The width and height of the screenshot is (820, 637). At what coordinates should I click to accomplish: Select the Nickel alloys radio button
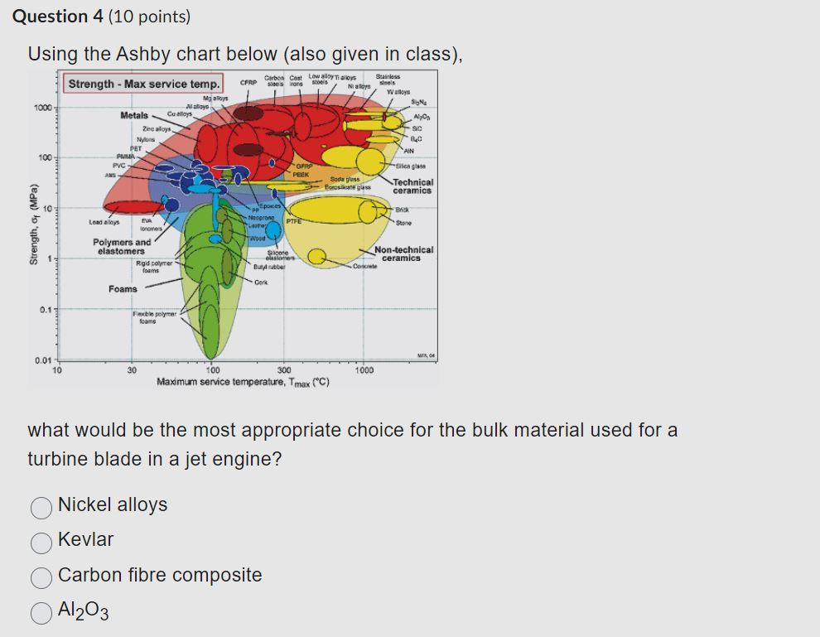coord(42,506)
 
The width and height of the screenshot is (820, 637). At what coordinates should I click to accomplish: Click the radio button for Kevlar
coord(42,541)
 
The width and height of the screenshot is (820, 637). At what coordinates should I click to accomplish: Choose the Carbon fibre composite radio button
coord(42,577)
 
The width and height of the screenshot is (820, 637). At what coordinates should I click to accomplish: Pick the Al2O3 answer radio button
coord(42,611)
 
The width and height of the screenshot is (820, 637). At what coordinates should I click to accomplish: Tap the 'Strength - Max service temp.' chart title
coord(144,84)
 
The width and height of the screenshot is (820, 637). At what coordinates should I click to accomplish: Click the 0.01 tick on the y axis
coord(44,360)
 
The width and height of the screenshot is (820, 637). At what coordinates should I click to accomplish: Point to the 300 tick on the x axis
coord(283,370)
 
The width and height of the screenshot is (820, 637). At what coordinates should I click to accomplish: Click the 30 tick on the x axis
coord(131,370)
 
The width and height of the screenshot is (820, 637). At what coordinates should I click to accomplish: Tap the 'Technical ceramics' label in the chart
coord(412,186)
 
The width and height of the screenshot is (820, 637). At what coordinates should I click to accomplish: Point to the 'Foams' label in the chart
coord(123,288)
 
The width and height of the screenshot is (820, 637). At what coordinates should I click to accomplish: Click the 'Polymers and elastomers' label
coord(122,246)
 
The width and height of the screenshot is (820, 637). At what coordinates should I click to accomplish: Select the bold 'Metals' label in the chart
coord(134,115)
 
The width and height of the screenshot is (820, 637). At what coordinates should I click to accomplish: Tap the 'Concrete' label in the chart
coord(365,266)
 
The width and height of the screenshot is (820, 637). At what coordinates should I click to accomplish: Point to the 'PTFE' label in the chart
coord(292,221)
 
